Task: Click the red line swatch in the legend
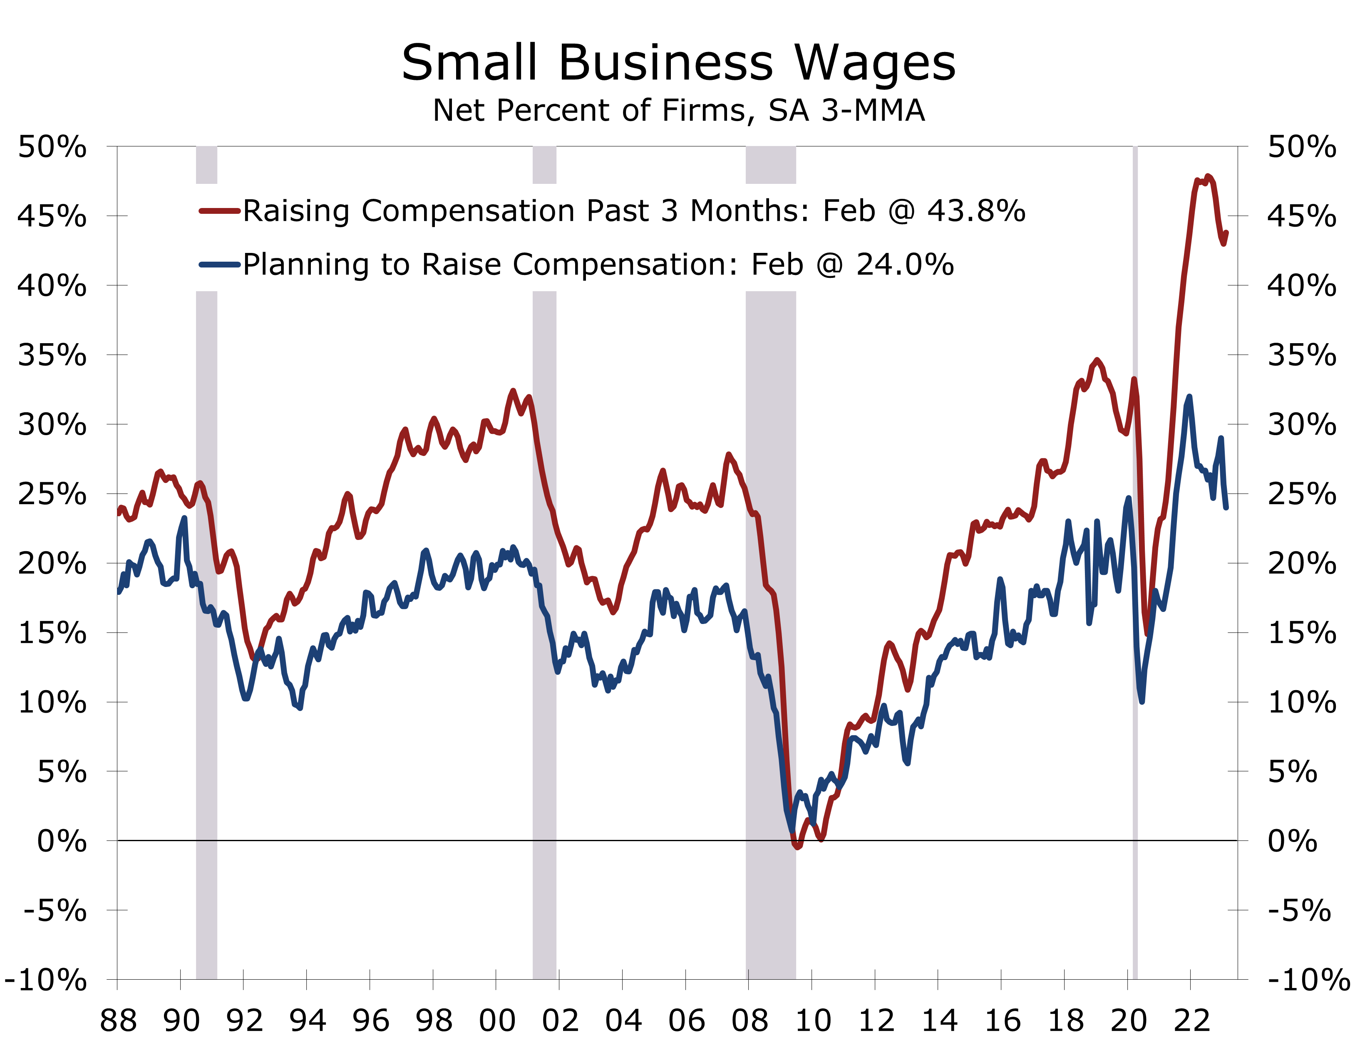click(x=219, y=211)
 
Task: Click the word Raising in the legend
click(x=296, y=211)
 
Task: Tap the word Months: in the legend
click(x=749, y=211)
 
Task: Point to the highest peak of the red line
click(x=1208, y=176)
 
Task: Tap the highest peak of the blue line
click(x=1189, y=397)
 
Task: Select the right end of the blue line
click(x=1226, y=508)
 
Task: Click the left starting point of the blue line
click(x=119, y=592)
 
